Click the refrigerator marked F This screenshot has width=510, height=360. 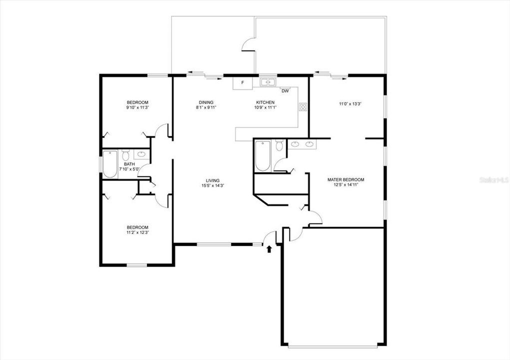(242, 83)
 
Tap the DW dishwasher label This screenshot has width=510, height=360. (285, 91)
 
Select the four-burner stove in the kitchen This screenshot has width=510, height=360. (302, 106)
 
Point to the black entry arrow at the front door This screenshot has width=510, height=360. (269, 248)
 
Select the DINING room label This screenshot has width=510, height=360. (205, 102)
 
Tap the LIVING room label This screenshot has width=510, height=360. (212, 180)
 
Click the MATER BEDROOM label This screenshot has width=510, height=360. (345, 179)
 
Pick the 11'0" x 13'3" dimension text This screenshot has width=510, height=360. (350, 104)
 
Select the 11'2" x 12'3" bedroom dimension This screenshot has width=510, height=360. (137, 232)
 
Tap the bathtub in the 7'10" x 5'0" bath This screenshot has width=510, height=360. (110, 164)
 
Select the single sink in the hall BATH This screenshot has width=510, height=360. (141, 154)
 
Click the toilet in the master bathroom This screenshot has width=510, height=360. (279, 145)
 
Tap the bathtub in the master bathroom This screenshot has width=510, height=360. (262, 155)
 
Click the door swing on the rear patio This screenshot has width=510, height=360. (247, 44)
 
